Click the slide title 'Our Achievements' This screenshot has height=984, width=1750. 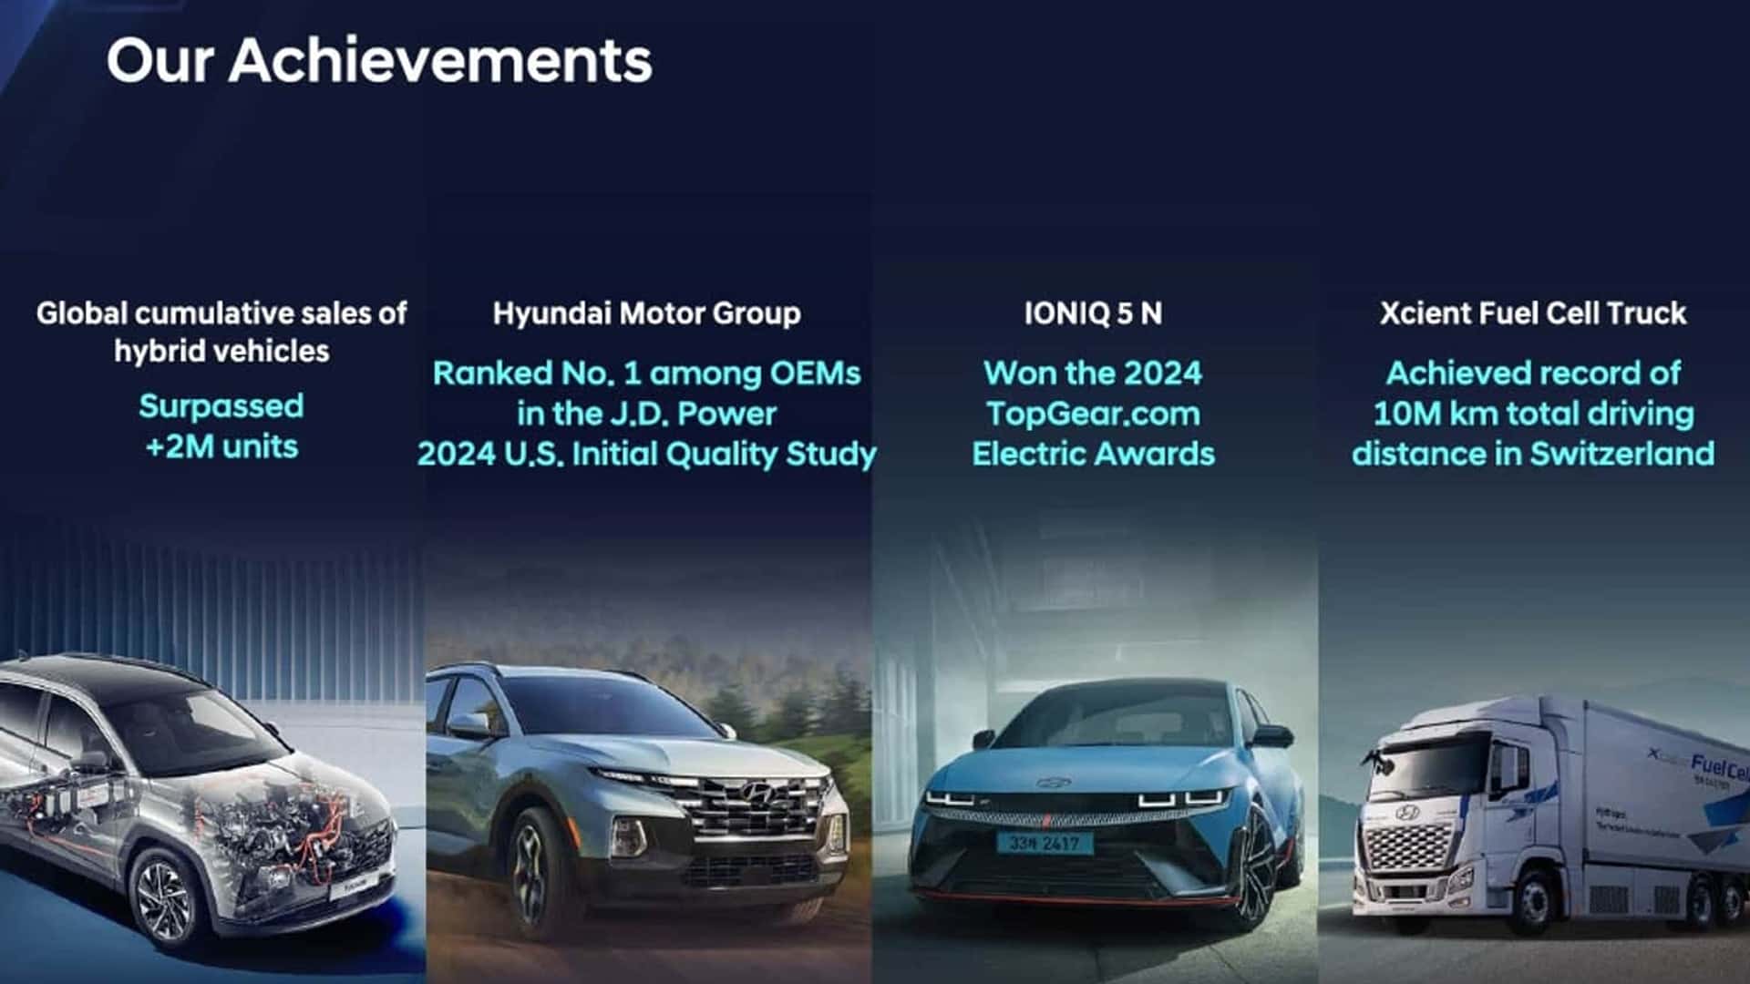[379, 61]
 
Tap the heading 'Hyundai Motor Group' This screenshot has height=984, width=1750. [646, 313]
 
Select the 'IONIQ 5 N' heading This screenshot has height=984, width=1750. [1093, 313]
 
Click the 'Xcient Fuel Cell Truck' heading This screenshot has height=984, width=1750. [1532, 313]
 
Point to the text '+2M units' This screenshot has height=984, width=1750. [221, 446]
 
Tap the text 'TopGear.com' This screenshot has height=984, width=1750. [1093, 414]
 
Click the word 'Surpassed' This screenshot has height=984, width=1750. [221, 406]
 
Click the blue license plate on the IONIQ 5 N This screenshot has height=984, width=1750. [1044, 844]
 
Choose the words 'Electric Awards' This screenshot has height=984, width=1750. [1093, 454]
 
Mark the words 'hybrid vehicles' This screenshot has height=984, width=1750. [221, 352]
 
